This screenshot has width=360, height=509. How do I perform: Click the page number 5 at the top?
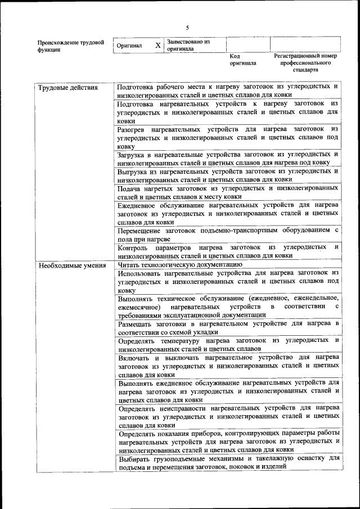187,28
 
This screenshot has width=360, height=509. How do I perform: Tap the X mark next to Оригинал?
158,45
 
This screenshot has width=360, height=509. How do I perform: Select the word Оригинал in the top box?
129,46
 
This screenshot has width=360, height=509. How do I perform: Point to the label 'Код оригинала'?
242,60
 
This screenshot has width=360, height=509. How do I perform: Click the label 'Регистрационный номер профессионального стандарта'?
305,63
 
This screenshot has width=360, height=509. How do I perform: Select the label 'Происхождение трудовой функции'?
70,46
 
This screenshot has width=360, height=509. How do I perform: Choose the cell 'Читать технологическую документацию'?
180,264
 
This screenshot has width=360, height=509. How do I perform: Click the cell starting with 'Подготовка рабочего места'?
228,91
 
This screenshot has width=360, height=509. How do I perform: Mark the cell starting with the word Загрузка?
228,158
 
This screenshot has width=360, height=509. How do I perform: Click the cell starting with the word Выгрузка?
228,175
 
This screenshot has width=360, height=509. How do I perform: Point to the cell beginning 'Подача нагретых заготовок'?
228,192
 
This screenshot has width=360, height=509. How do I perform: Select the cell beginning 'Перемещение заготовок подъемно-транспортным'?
228,234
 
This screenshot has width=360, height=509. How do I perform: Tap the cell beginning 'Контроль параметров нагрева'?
228,251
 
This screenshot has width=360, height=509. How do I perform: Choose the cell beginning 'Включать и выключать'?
228,366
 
